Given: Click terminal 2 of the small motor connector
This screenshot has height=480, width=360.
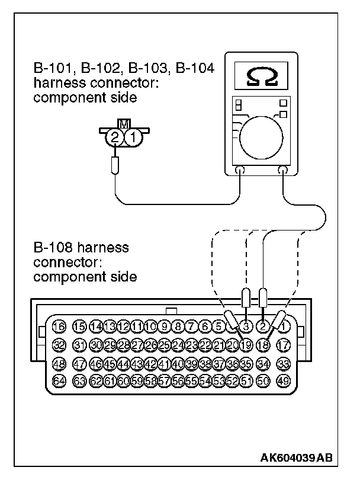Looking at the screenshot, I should (x=114, y=138).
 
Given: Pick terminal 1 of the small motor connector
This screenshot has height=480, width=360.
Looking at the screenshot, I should (x=134, y=138).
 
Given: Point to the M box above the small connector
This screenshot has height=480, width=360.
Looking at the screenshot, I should (x=124, y=124).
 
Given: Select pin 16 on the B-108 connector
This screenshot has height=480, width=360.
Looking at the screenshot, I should (x=59, y=325).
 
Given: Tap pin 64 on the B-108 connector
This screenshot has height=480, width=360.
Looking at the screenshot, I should (x=59, y=380).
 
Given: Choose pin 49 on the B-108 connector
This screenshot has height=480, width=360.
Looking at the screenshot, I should (x=284, y=380).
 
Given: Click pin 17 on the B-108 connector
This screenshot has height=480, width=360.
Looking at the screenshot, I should (x=284, y=344).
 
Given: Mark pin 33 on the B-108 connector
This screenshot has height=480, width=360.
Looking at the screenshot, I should (x=284, y=363).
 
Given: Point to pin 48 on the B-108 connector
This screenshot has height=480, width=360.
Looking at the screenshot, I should (x=59, y=363).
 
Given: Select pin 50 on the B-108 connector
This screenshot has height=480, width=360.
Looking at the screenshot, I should (x=264, y=380).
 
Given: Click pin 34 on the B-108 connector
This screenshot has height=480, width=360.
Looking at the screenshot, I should (x=264, y=363).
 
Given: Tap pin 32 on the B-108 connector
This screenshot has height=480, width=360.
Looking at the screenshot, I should (x=59, y=344).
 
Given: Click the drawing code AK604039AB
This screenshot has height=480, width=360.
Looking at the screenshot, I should (x=297, y=457).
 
